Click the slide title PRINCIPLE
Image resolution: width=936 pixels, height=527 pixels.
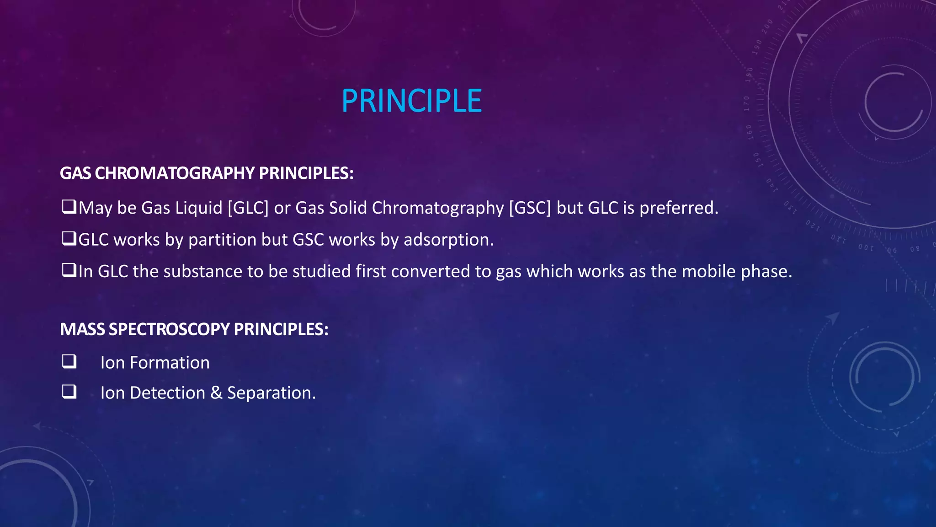[x=411, y=101]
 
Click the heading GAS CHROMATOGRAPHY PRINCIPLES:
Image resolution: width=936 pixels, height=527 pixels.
[x=207, y=173]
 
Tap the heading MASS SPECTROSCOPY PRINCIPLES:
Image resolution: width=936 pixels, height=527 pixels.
[x=194, y=329]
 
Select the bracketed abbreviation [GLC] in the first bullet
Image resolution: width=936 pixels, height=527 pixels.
[x=248, y=208]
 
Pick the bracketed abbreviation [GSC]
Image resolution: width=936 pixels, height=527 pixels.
[x=530, y=208]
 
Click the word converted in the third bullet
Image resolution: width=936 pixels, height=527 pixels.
[x=430, y=272]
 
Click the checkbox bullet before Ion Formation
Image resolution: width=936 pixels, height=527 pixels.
[x=69, y=362]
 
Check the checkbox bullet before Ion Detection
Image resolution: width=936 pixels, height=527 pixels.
[x=69, y=392]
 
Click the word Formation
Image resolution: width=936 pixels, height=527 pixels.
[x=170, y=363]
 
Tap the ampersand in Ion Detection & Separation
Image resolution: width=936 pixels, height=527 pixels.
[x=216, y=393]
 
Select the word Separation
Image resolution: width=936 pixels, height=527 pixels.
[x=271, y=393]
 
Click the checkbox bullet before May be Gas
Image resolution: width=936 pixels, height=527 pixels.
[x=69, y=207]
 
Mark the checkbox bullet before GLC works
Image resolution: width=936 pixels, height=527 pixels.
[x=69, y=239]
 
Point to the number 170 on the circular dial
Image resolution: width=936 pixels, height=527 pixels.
[x=747, y=103]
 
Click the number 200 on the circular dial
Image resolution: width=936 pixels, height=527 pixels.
[x=767, y=26]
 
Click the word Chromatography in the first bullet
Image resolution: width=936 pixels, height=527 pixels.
[x=437, y=208]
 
